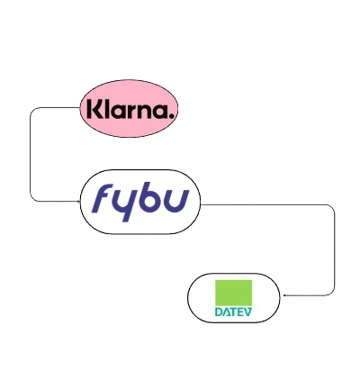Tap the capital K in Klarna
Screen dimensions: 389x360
(92, 111)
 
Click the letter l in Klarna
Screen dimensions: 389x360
(106, 111)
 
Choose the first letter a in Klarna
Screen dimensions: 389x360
(119, 113)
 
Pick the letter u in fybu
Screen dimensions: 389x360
(177, 199)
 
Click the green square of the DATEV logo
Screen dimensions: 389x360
(233, 293)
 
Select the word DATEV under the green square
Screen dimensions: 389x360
(233, 312)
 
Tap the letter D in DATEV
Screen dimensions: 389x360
(220, 312)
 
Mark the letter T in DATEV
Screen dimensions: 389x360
(233, 312)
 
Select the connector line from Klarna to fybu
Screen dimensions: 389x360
(31, 153)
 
